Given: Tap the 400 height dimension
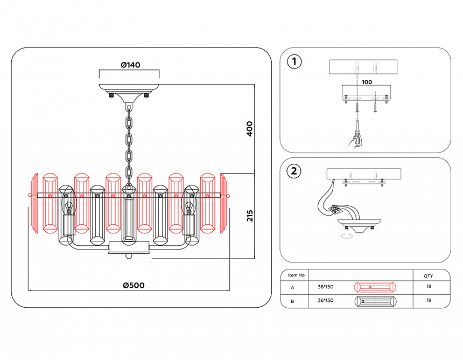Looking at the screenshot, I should [249, 128].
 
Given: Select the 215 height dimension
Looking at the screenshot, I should [249, 216].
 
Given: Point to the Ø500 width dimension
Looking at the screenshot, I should [134, 285].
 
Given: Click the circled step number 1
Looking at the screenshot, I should [294, 62].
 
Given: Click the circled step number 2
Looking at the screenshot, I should [294, 171].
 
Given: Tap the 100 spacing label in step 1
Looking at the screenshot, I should [367, 82].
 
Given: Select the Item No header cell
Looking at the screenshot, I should [296, 275].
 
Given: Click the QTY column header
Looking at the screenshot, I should [428, 275].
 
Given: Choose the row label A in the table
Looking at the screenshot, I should [292, 288].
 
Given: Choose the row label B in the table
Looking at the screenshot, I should [292, 301].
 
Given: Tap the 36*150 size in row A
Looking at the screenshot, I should [326, 287].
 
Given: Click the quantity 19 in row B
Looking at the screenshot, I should [429, 301].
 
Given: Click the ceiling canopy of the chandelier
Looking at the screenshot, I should [129, 89].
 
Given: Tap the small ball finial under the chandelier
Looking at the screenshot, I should [129, 256].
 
